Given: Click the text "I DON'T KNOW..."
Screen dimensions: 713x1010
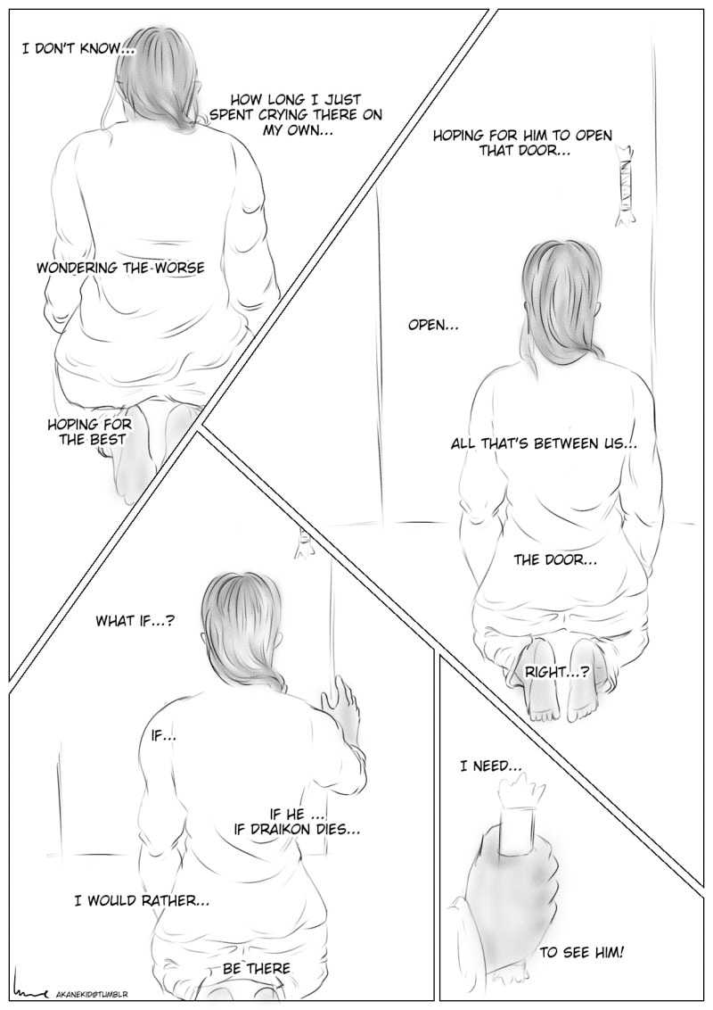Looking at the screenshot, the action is point(76,49).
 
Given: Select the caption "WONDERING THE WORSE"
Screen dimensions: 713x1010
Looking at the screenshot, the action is point(120,268).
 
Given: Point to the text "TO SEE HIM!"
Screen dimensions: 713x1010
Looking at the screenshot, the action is point(582,952).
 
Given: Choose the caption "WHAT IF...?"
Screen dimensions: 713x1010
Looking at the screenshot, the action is point(135,621).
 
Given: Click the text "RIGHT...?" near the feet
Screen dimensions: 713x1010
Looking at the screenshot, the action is point(557,672).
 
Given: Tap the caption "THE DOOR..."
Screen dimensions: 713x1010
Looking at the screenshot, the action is point(554,559).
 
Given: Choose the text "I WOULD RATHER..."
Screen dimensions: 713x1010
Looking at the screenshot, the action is point(142,900).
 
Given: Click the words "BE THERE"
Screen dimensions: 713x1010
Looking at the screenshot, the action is point(256,968).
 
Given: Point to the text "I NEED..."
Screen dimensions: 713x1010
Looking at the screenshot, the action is point(490,766).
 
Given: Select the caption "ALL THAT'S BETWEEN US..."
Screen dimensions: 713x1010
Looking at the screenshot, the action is point(544,443).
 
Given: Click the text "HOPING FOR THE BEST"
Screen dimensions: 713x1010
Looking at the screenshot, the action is point(89,432).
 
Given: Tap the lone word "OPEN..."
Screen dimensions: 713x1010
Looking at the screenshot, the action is point(434,326).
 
